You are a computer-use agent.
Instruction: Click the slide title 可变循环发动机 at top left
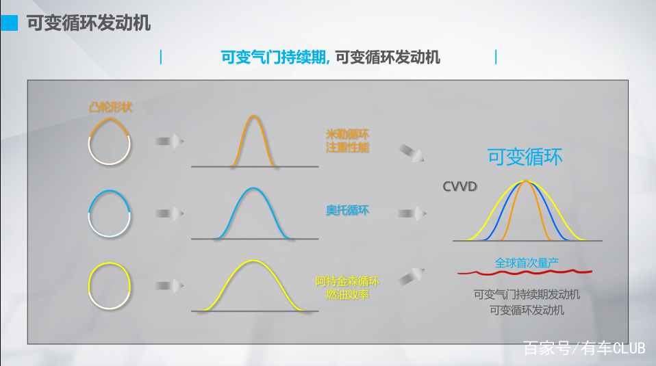88,23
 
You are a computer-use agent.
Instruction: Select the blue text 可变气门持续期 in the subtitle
275,57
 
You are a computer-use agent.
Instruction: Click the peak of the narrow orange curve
254,116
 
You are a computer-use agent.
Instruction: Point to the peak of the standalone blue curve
254,189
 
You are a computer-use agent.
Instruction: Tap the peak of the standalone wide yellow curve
254,261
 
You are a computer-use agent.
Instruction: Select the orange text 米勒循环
347,133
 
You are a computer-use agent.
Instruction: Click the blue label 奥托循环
347,210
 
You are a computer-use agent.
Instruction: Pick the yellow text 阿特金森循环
347,281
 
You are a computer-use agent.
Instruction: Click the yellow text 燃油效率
347,294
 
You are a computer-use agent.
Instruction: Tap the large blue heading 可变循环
525,157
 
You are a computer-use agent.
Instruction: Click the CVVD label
459,186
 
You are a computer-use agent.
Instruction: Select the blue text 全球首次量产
527,262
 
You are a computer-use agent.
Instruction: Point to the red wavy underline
525,272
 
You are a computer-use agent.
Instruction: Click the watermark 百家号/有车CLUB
584,348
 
